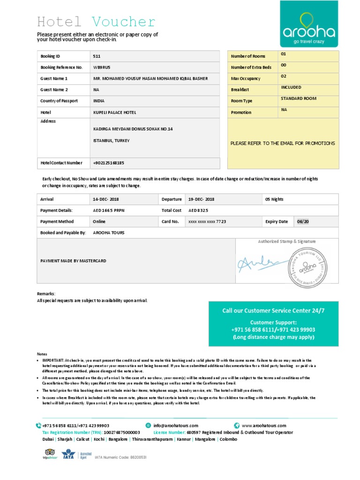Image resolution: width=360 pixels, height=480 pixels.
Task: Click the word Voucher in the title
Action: (124, 22)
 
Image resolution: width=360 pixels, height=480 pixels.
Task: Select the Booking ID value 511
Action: (97, 56)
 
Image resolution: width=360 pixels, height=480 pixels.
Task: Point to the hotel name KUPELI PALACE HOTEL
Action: (115, 112)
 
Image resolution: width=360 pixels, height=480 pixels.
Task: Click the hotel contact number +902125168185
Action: (109, 163)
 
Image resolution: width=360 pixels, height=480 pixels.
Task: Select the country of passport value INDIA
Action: (99, 101)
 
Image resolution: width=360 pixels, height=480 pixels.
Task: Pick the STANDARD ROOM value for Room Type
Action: (299, 98)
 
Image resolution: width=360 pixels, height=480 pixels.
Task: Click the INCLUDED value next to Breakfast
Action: (291, 87)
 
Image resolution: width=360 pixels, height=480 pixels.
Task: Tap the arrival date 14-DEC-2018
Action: (106, 199)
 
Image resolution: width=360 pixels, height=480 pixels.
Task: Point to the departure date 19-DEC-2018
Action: (201, 199)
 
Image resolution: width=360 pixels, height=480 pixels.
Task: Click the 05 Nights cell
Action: (274, 199)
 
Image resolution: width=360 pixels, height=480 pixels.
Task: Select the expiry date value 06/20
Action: (303, 222)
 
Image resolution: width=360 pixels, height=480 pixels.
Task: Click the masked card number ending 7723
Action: (207, 222)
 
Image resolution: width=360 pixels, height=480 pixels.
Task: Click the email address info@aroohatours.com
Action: (175, 426)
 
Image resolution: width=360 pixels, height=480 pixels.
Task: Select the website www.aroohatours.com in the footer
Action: (264, 426)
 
